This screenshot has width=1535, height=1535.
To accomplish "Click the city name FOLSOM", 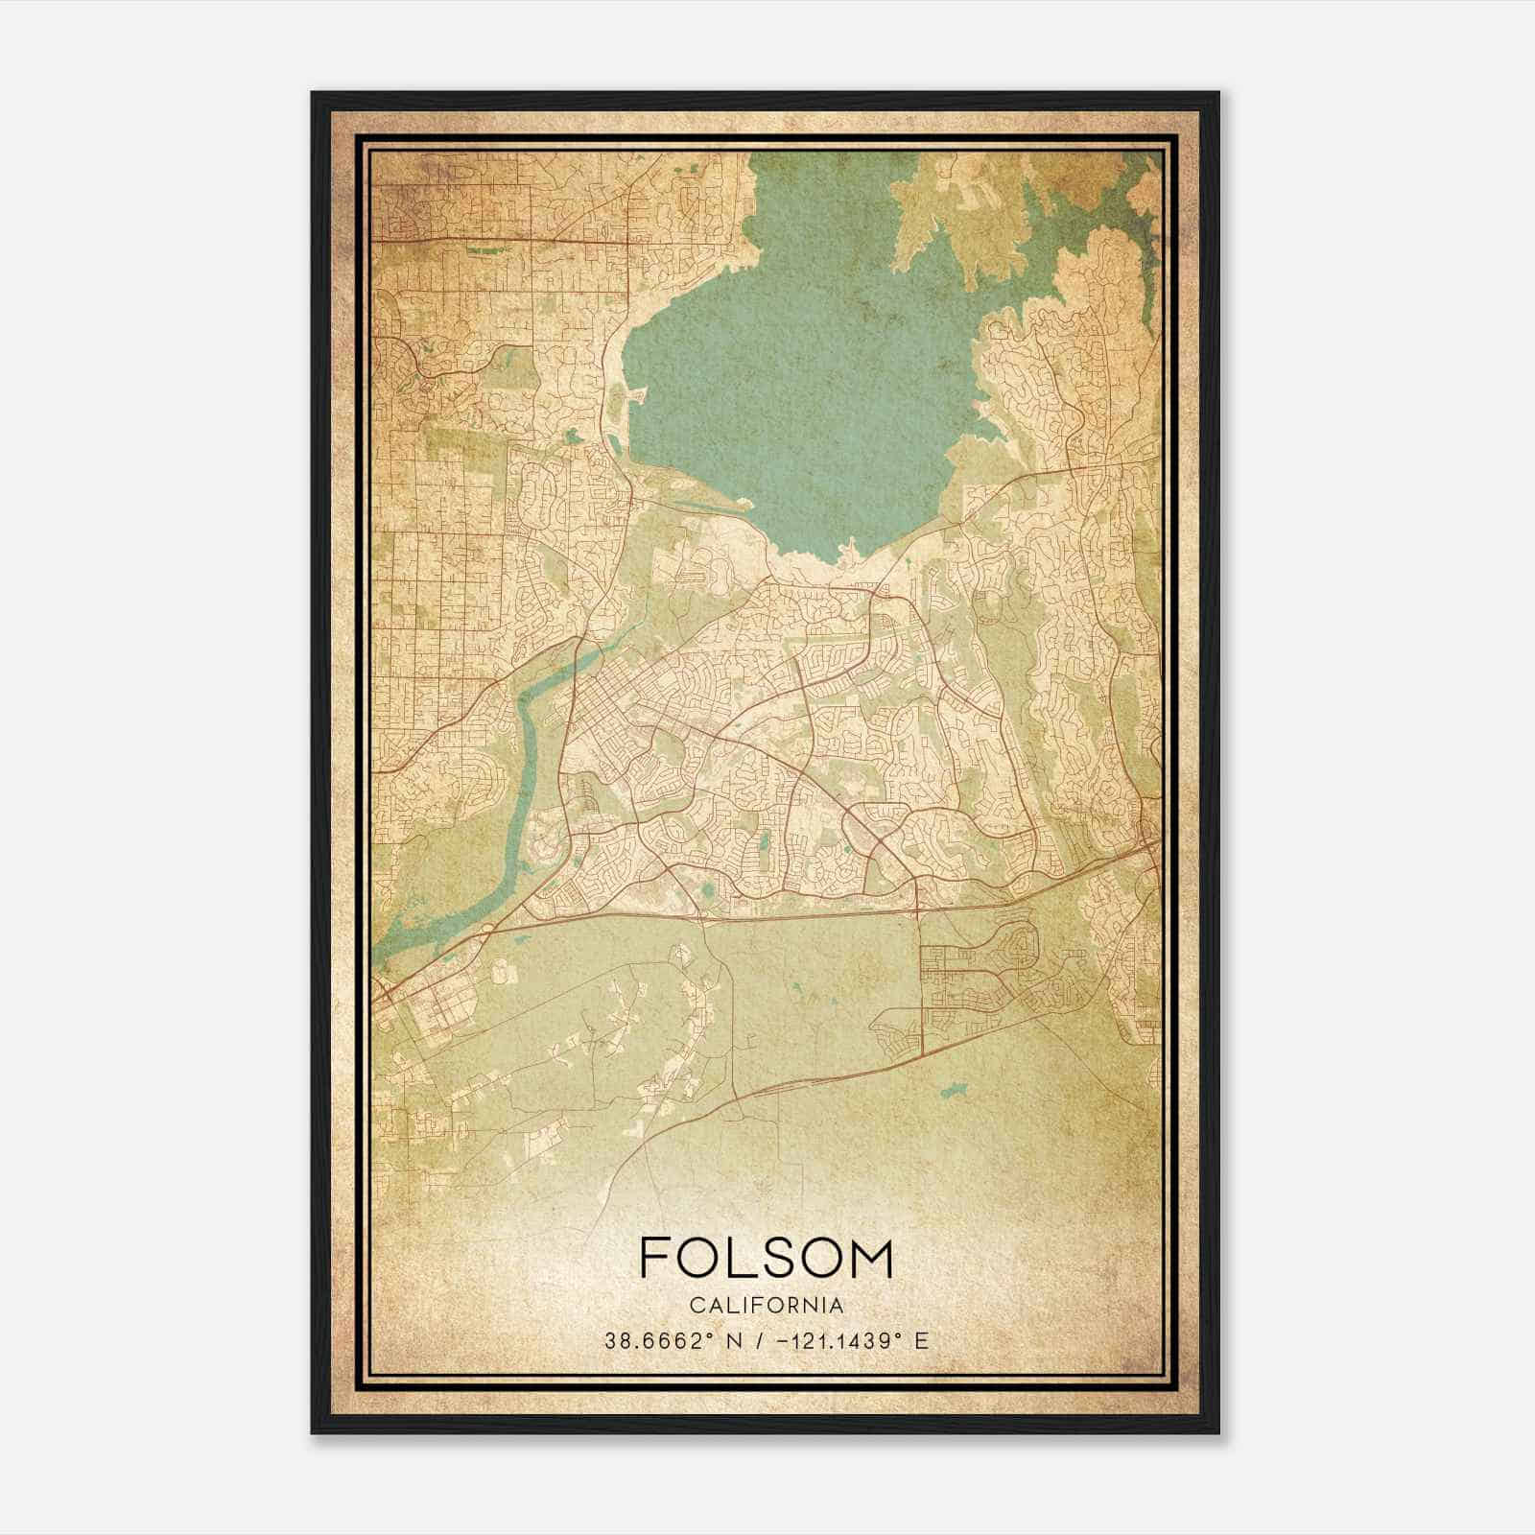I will tap(766, 1258).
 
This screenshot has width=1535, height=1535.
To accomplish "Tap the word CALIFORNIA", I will tap(766, 1306).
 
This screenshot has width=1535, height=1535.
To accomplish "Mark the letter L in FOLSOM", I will tap(739, 1258).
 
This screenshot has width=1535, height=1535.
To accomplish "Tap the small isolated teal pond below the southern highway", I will tap(953, 1091).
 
